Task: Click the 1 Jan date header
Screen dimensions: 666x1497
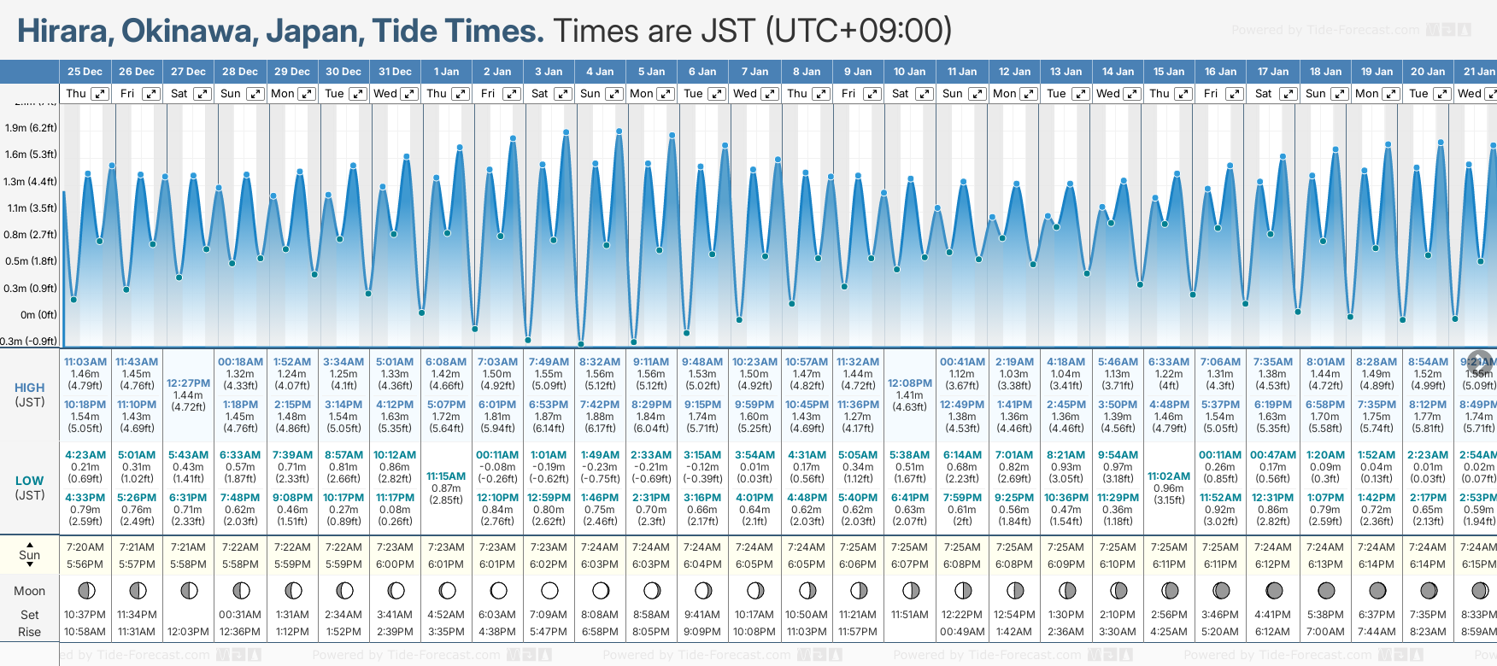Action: (x=446, y=72)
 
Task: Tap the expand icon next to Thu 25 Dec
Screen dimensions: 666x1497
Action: (x=100, y=94)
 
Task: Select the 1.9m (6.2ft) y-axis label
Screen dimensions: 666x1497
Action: (x=31, y=128)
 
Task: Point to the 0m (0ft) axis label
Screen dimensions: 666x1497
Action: (x=39, y=314)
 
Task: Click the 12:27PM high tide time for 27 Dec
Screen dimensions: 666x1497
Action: (x=188, y=383)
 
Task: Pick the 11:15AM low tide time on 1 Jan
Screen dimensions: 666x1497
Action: (x=446, y=476)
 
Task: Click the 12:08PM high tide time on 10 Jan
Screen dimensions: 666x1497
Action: (x=909, y=383)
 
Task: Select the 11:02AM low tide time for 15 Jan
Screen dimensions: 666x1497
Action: (x=1169, y=476)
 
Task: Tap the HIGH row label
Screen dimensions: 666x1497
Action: (x=29, y=388)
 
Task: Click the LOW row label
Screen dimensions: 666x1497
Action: (x=29, y=481)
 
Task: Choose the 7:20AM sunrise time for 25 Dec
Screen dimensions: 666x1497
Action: (x=85, y=547)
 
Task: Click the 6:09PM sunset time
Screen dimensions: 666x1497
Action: (x=1066, y=564)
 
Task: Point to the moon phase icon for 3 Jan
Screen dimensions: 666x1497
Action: (x=549, y=590)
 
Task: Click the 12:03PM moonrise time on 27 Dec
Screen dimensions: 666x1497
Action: (x=188, y=632)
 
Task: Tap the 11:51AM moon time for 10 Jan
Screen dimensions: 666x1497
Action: (x=909, y=615)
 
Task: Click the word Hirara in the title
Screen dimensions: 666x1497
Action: (x=64, y=32)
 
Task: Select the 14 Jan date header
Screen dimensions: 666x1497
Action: (x=1118, y=72)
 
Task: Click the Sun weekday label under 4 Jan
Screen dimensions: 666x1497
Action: (x=590, y=94)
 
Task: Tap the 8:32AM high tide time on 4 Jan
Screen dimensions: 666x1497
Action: (x=600, y=362)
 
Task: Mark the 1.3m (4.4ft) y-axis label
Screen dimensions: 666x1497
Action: (x=31, y=182)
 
